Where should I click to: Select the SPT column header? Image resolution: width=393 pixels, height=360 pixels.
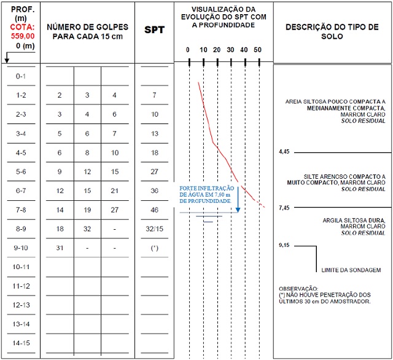(x=154, y=30)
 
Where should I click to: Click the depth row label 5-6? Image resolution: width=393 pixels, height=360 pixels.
(x=20, y=172)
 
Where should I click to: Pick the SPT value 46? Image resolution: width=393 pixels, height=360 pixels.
(x=154, y=210)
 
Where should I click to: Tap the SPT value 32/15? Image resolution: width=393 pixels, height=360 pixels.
(x=154, y=229)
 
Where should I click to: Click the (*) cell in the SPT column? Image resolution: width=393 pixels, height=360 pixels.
(x=154, y=248)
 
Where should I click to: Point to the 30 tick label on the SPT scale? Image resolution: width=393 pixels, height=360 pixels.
(x=230, y=50)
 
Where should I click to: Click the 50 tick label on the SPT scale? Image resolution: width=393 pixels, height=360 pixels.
(x=257, y=50)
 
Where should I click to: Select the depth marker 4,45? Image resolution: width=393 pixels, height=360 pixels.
(x=284, y=151)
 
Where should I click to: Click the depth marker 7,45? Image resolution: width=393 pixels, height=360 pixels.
(x=284, y=208)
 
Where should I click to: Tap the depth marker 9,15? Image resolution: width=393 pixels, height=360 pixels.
(x=284, y=245)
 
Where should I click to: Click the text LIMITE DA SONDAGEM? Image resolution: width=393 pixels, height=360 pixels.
(x=351, y=270)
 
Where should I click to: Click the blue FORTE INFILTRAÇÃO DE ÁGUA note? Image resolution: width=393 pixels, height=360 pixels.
(x=205, y=195)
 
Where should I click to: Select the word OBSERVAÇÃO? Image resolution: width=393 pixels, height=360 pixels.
(x=299, y=288)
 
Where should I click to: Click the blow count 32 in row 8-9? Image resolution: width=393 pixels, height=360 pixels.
(x=87, y=229)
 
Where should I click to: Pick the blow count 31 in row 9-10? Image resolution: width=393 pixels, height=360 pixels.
(x=60, y=248)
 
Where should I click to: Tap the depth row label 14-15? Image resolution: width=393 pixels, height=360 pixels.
(x=20, y=343)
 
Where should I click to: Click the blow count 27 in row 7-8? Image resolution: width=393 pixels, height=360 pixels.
(x=115, y=210)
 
